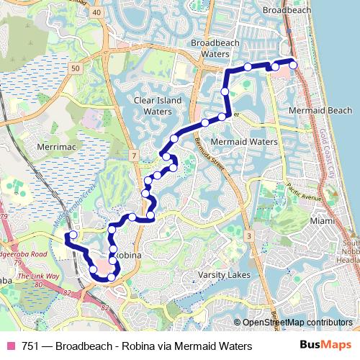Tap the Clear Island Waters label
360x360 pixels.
[x=158, y=107]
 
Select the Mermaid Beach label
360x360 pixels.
[x=320, y=111]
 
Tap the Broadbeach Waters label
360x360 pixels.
[x=210, y=48]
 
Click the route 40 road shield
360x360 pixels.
[x=96, y=22]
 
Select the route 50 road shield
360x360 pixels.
[x=76, y=68]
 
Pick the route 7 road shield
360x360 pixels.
[x=134, y=156]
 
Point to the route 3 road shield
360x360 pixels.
[x=248, y=236]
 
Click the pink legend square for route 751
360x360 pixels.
[x=10, y=346]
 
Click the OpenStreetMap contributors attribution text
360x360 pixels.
[x=297, y=323]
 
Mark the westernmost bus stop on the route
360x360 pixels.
[x=73, y=235]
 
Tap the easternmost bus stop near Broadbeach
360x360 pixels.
[x=293, y=66]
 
